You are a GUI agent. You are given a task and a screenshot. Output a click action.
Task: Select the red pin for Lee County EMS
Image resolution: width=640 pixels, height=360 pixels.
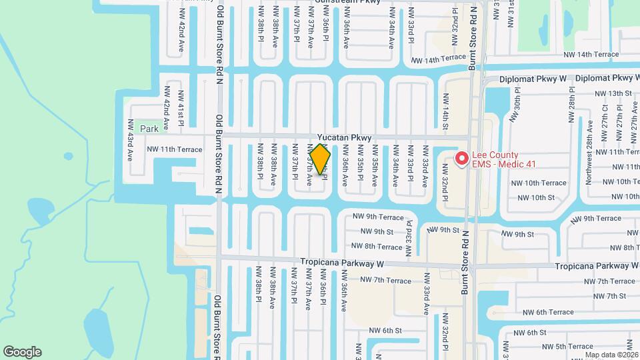461,159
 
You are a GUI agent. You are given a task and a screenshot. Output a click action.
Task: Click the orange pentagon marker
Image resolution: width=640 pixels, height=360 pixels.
320,159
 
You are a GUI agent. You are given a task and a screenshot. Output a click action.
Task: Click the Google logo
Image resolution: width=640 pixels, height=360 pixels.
22,352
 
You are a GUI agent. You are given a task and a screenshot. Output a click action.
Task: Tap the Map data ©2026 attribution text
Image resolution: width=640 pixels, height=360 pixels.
611,355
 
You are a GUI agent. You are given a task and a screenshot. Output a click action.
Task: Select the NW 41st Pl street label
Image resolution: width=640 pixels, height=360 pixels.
181,107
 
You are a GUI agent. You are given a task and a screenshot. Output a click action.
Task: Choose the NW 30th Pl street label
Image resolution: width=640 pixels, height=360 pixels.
514,107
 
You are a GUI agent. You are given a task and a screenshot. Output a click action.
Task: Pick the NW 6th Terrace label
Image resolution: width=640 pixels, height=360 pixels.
548,312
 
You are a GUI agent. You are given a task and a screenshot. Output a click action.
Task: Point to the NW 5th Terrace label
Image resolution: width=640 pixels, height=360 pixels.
567,347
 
